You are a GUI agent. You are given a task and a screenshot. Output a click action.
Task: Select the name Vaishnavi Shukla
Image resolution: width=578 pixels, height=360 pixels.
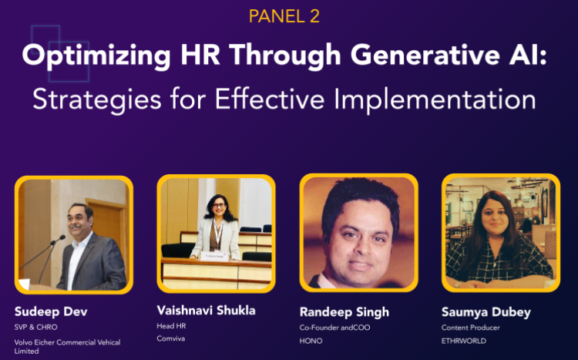point(207,311)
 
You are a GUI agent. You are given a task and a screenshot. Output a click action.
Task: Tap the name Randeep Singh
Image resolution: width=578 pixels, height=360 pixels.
point(344,312)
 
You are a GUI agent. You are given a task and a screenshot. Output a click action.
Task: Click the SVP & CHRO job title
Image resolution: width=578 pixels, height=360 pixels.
point(35,328)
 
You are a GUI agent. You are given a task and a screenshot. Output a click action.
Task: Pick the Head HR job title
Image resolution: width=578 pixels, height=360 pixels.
point(172,326)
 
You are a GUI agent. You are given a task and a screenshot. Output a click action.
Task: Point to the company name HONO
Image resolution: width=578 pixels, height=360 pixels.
point(311,340)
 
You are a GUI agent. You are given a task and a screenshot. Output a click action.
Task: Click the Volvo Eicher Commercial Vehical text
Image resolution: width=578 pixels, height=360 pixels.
point(68,342)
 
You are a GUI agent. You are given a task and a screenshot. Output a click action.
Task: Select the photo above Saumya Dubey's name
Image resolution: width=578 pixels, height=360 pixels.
point(500,234)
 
